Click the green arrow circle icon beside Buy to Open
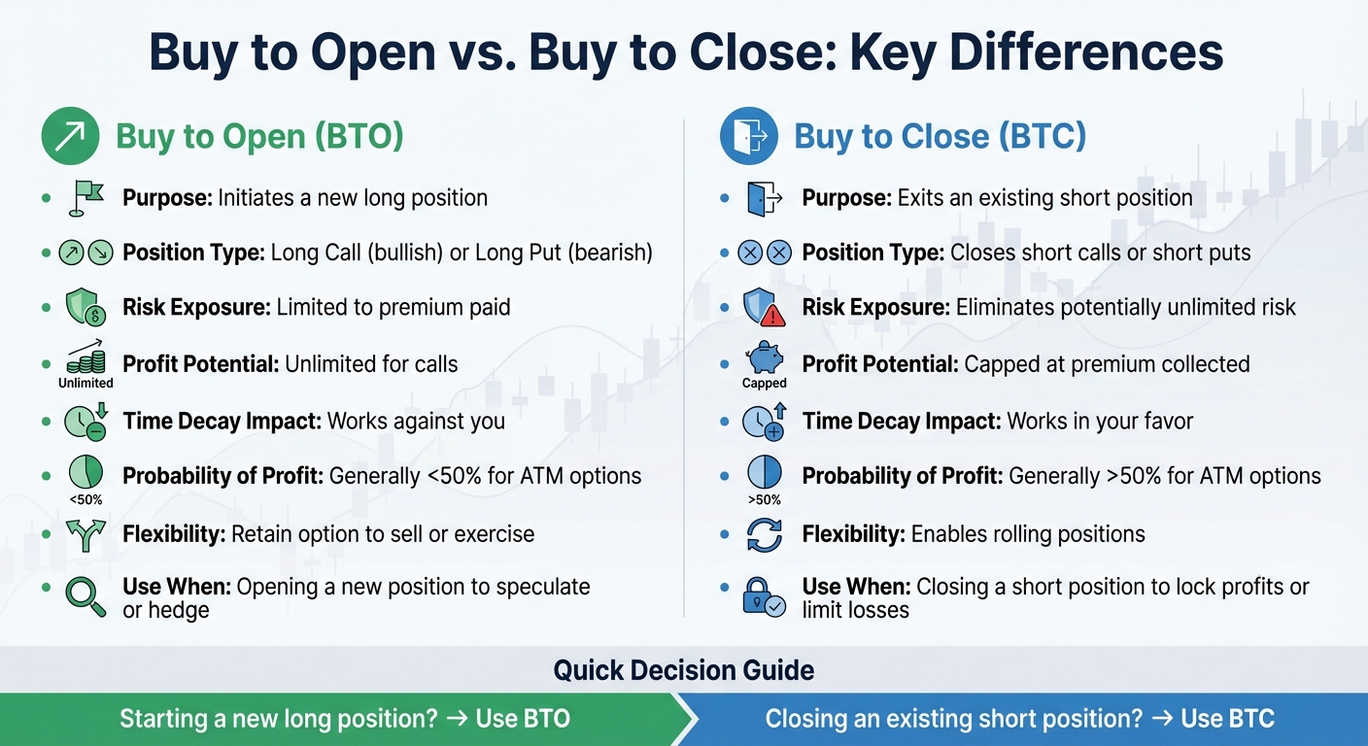tap(70, 136)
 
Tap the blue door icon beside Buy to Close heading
tap(748, 136)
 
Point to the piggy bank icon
tap(765, 357)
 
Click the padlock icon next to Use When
tap(763, 594)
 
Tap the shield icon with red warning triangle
tap(764, 308)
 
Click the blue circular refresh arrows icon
tap(764, 534)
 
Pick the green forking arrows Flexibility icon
tap(85, 534)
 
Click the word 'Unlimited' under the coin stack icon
tap(85, 383)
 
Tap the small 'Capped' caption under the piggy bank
tap(765, 383)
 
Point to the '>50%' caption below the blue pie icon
tap(765, 499)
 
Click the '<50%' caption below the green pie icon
tap(85, 499)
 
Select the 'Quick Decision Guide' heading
tap(683, 669)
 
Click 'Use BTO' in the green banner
tap(523, 719)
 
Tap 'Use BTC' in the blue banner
tap(1227, 719)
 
